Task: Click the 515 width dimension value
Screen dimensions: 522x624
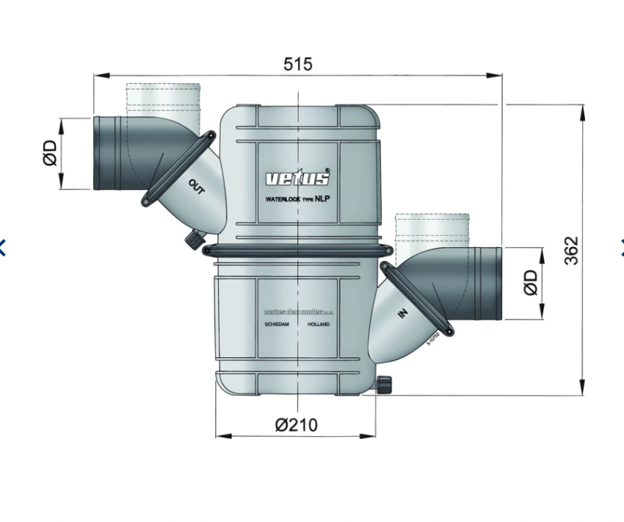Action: coord(297,64)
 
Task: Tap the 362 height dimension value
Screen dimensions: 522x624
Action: coord(571,250)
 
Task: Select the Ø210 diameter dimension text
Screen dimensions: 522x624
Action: coord(297,424)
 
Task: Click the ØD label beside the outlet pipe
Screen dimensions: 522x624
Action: coord(50,153)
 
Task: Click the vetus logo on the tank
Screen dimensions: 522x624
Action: coord(297,178)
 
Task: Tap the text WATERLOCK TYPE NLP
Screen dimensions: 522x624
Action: coord(297,199)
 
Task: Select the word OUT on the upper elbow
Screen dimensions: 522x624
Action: coord(197,188)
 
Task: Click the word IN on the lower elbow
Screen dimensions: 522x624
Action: coord(402,314)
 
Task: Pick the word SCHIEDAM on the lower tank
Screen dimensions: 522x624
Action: coord(276,324)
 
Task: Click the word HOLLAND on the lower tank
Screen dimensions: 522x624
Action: coord(319,324)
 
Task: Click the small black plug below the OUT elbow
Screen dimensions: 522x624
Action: coord(195,239)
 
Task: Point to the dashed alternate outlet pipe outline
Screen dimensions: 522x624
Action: coord(163,99)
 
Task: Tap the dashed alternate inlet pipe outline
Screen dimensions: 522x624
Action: coord(432,231)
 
